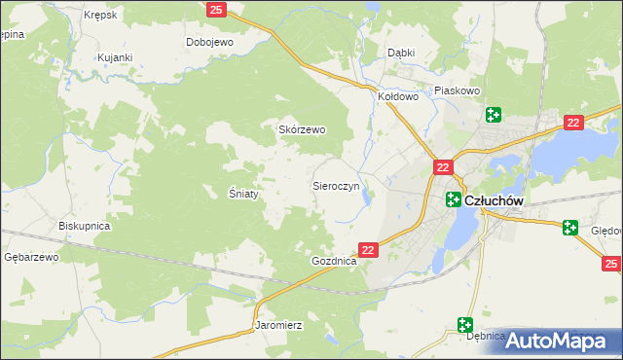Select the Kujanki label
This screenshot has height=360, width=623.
pyautogui.click(x=114, y=57)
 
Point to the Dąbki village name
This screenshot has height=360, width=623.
pyautogui.click(x=401, y=54)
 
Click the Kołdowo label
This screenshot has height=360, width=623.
pyautogui.click(x=397, y=96)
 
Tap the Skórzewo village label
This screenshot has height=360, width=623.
pyautogui.click(x=303, y=129)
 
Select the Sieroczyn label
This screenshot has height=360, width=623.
pyautogui.click(x=336, y=185)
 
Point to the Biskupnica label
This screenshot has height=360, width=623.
pyautogui.click(x=84, y=226)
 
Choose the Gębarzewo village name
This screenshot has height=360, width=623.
pyautogui.click(x=31, y=257)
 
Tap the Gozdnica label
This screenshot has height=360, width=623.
pyautogui.click(x=334, y=263)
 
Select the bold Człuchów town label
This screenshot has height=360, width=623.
pyautogui.click(x=495, y=200)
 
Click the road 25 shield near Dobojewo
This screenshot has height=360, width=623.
pyautogui.click(x=217, y=9)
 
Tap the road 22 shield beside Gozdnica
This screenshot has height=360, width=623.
pyautogui.click(x=368, y=250)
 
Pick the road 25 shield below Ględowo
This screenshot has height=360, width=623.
pyautogui.click(x=610, y=264)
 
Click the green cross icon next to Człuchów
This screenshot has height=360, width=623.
pyautogui.click(x=454, y=199)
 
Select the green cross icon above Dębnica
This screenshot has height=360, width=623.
pyautogui.click(x=465, y=324)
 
